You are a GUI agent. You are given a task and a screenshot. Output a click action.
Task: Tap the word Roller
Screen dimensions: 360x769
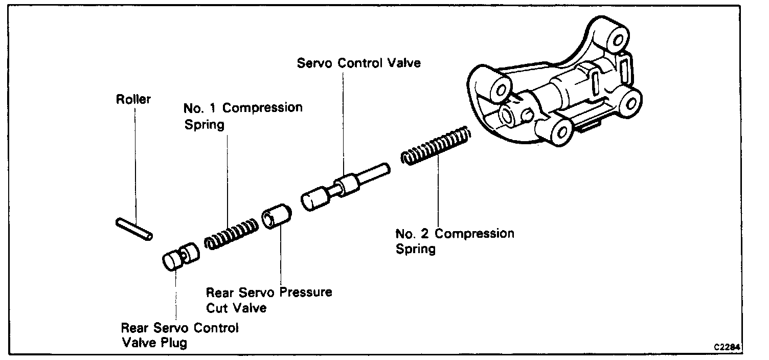(x=133, y=99)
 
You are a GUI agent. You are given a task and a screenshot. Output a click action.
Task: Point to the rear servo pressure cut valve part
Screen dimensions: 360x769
(x=276, y=217)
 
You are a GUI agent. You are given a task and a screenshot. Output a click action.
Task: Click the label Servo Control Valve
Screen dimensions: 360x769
(x=358, y=63)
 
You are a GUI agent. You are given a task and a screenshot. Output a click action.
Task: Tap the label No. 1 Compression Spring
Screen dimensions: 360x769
(x=242, y=116)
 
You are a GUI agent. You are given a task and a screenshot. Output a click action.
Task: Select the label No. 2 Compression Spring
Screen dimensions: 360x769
(x=455, y=241)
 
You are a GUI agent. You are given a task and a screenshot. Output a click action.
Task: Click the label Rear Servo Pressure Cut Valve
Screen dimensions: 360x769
(x=268, y=300)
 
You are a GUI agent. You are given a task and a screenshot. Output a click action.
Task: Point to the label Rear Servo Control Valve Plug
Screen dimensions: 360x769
(x=179, y=335)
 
